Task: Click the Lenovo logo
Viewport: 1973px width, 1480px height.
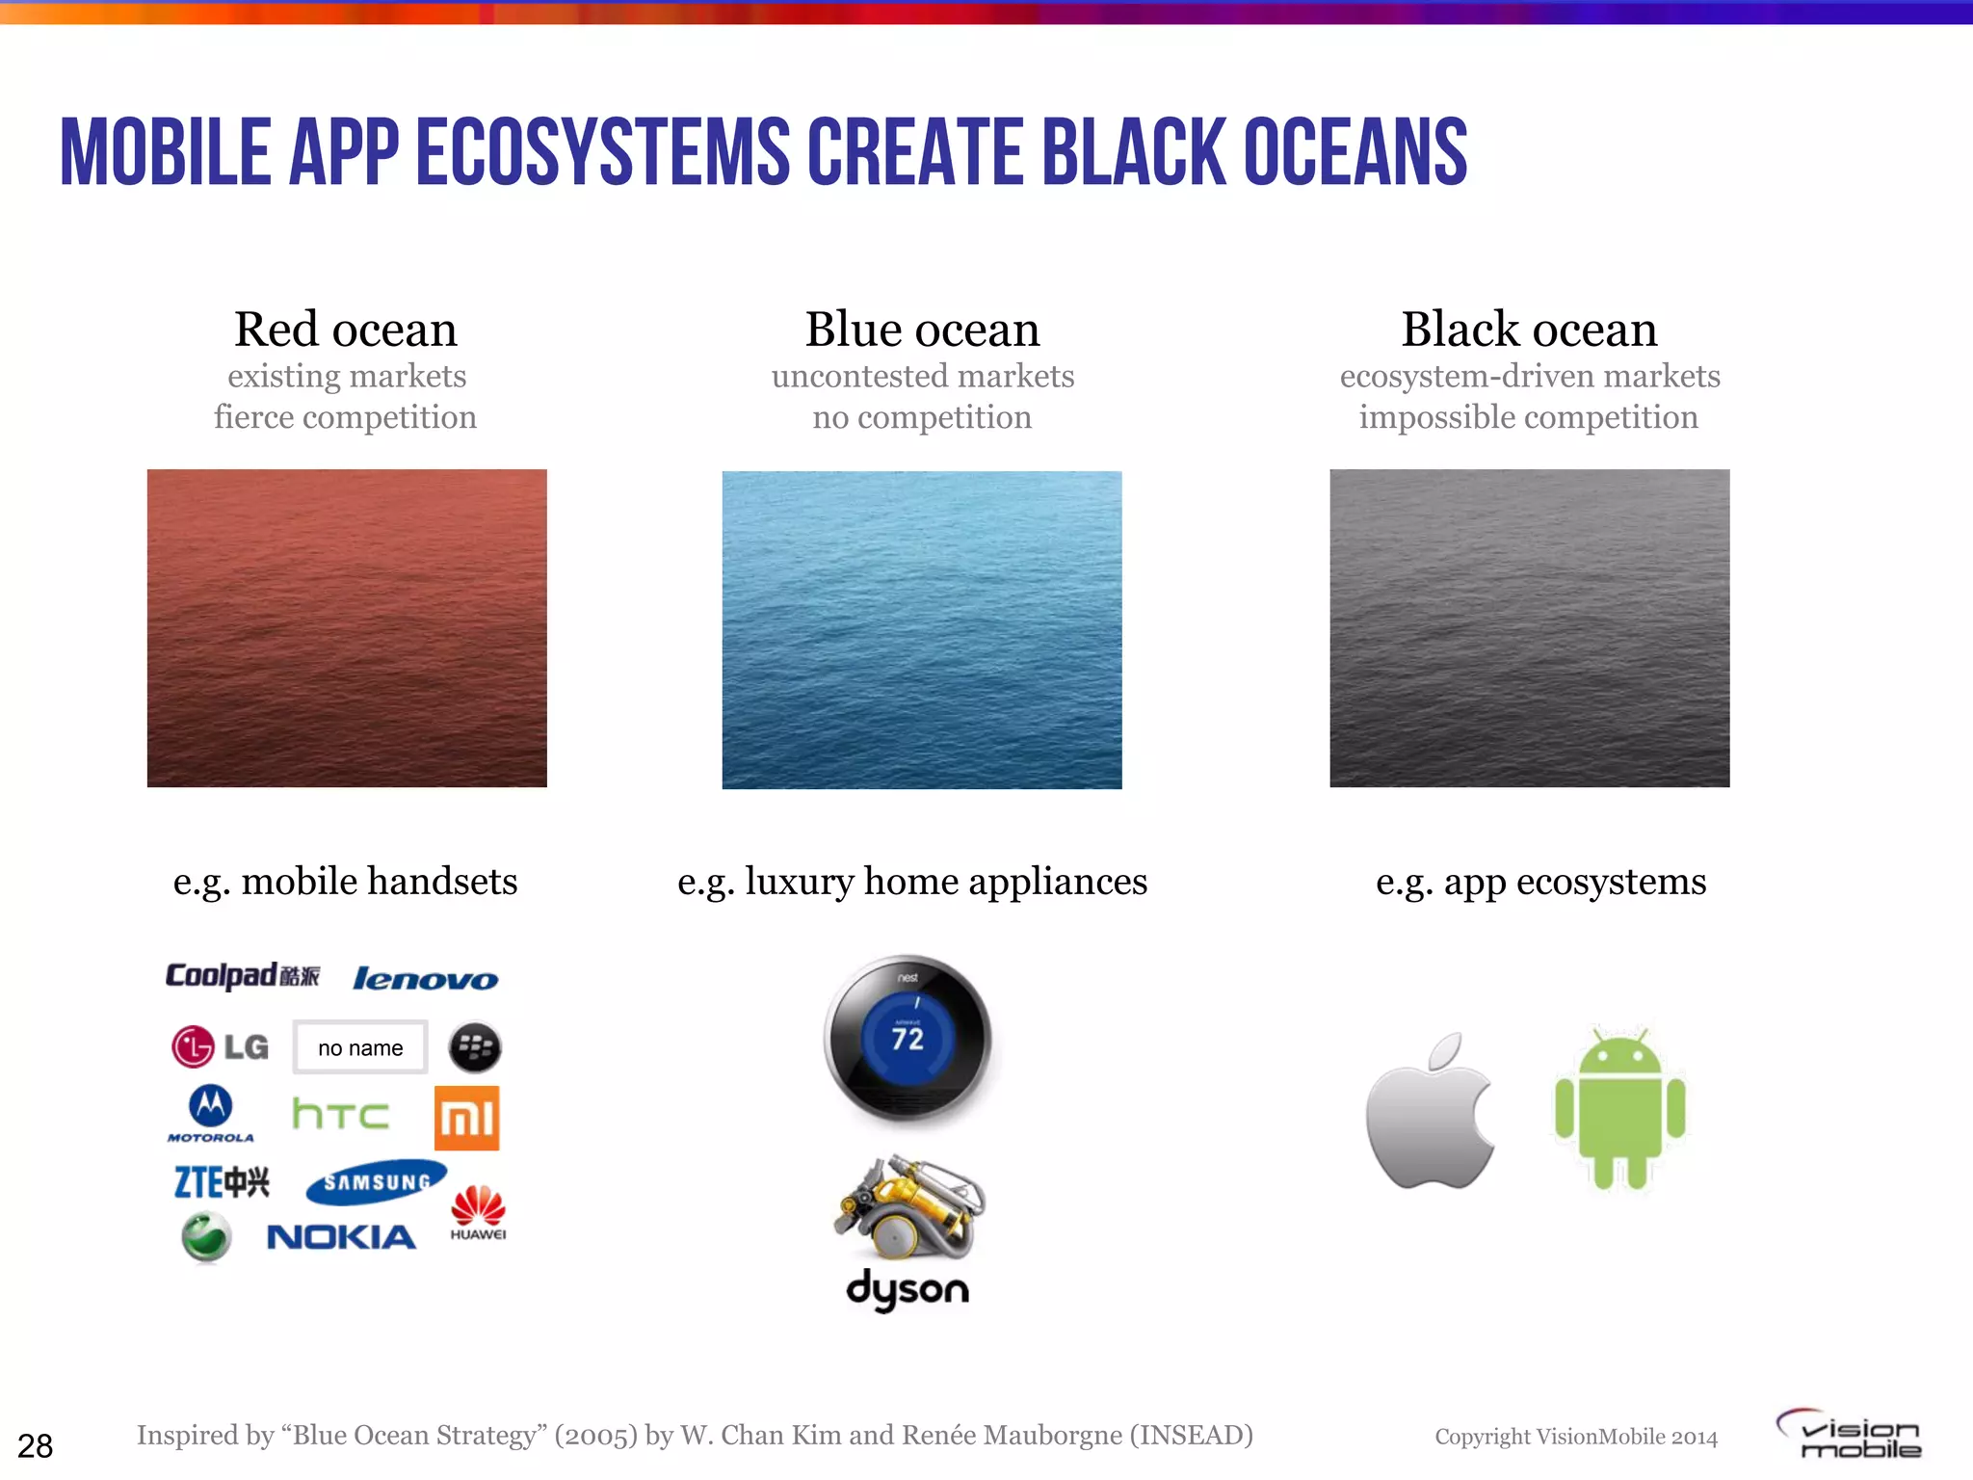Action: point(425,979)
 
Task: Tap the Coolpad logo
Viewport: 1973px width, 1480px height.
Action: point(242,975)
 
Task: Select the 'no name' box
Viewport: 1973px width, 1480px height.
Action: point(360,1047)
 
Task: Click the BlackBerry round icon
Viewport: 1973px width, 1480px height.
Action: point(475,1047)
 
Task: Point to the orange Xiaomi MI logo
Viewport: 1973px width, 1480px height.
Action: point(466,1118)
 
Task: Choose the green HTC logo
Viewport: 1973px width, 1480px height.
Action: point(340,1114)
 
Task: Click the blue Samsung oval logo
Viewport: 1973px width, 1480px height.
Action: point(376,1181)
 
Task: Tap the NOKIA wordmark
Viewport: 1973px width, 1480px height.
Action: point(341,1237)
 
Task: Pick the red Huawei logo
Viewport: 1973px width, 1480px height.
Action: point(478,1211)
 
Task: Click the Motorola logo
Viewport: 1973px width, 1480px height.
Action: point(210,1113)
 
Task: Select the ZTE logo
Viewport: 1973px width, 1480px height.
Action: point(222,1181)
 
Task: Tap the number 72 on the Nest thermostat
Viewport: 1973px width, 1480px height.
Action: point(908,1039)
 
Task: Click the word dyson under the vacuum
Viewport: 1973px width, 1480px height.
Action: point(908,1289)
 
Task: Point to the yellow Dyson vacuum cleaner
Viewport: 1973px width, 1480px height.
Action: point(909,1208)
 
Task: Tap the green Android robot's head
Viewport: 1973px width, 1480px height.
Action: point(1620,1052)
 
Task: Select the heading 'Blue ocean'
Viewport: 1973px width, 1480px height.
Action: point(922,330)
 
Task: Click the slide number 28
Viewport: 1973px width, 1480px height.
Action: point(36,1445)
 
